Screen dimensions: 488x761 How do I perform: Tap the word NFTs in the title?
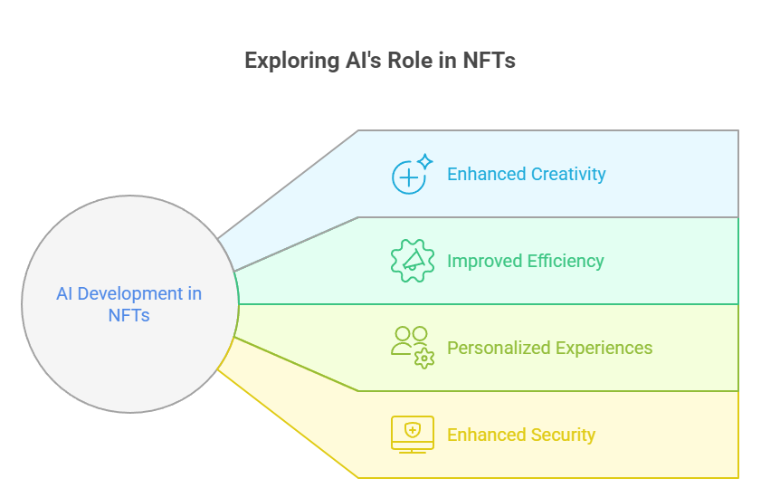[490, 62]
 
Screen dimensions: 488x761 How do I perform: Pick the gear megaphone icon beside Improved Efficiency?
[412, 261]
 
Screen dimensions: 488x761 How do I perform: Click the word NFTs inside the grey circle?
[128, 316]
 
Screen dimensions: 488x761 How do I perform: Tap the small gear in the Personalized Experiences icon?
[423, 359]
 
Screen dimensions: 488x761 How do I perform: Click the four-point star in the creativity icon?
[424, 162]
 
